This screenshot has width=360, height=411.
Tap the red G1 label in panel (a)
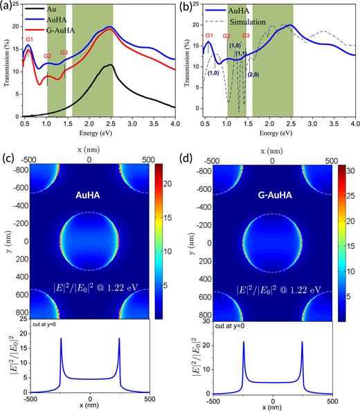tap(29, 39)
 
